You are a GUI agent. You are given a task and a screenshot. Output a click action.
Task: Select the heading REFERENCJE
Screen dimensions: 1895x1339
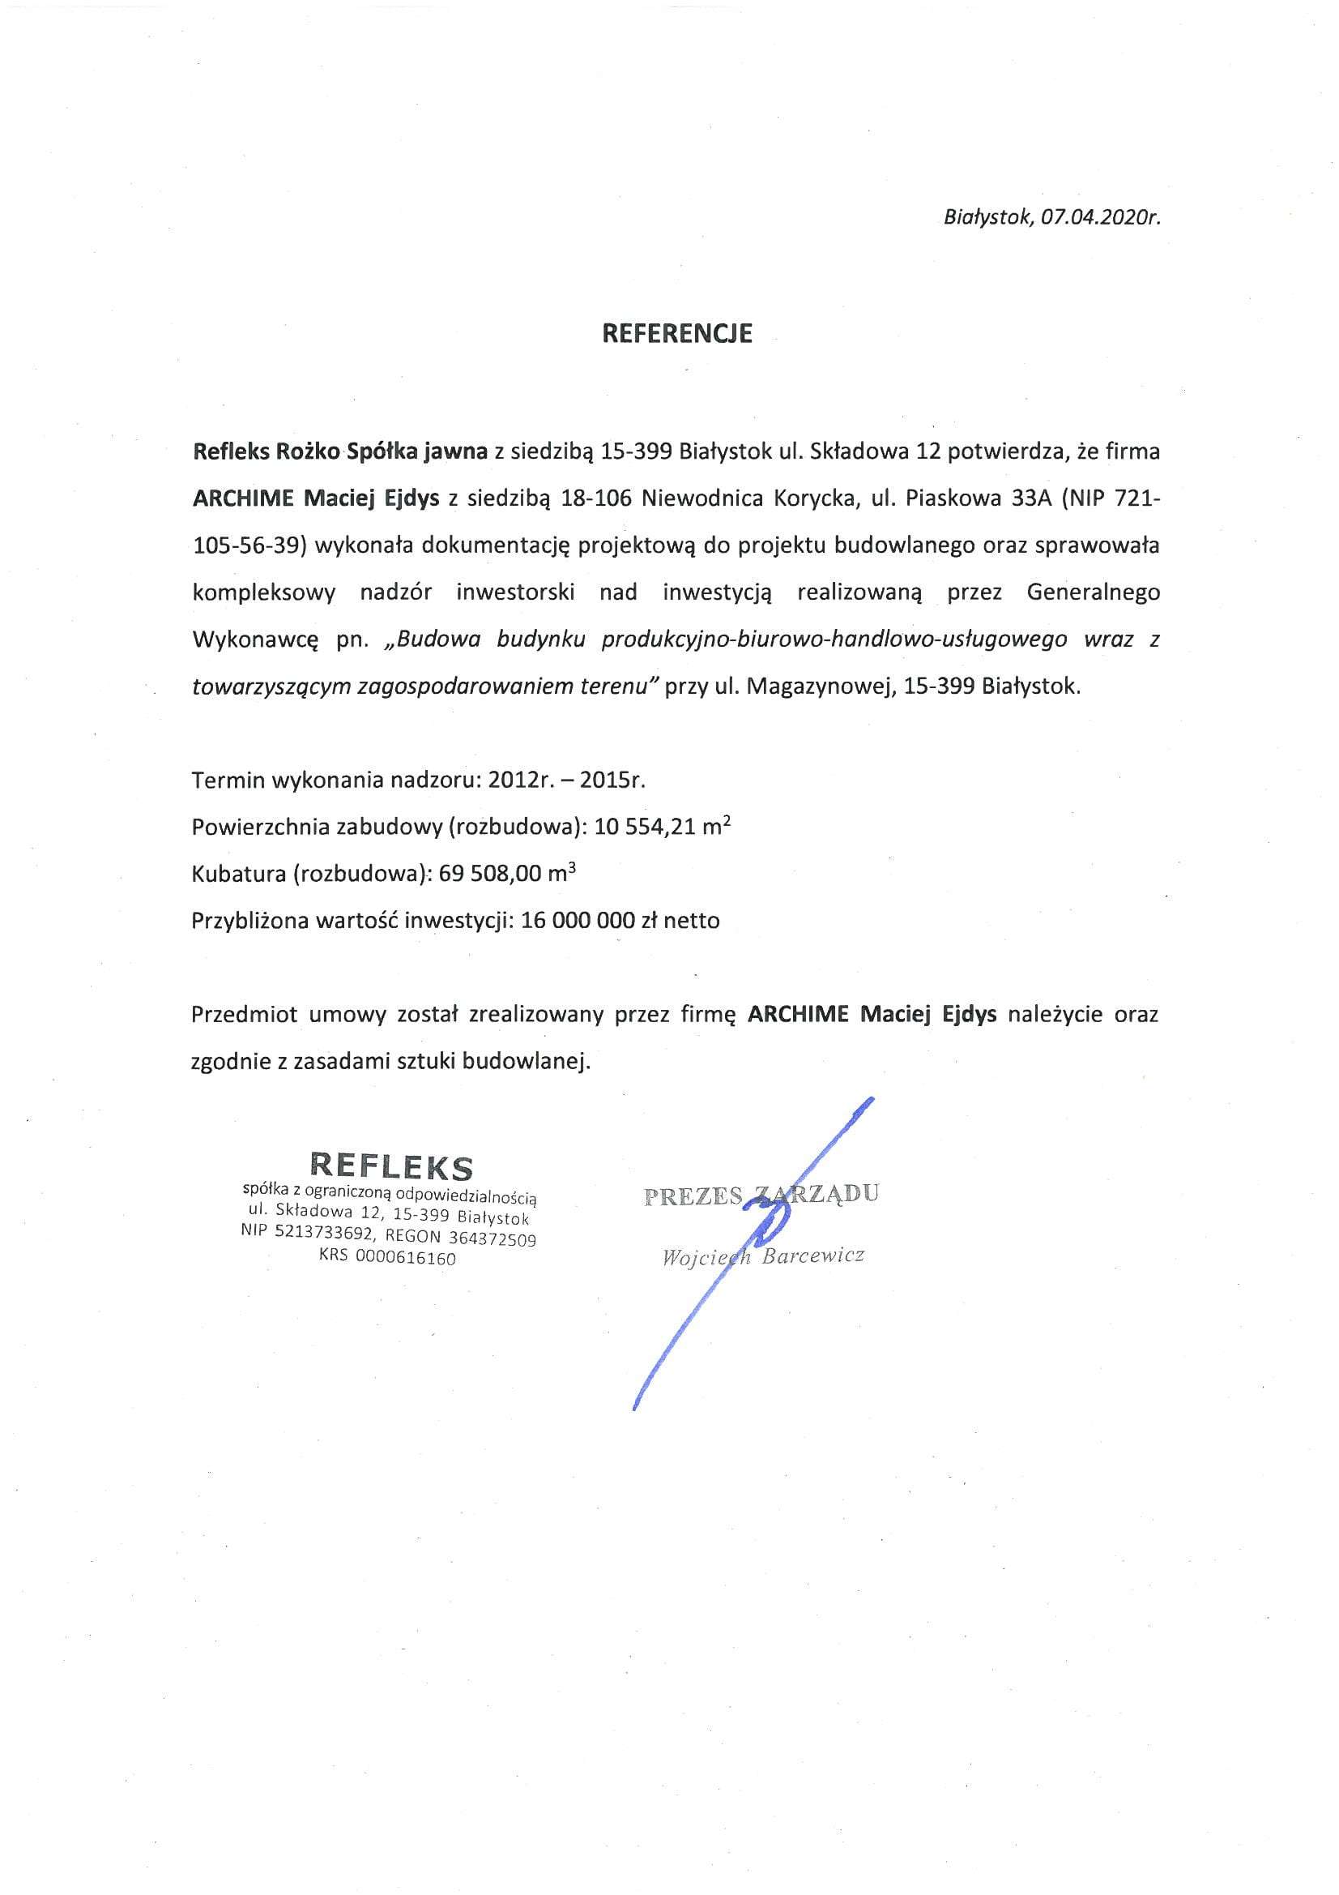click(677, 332)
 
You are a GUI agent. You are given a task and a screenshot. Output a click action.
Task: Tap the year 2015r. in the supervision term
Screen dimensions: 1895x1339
click(612, 780)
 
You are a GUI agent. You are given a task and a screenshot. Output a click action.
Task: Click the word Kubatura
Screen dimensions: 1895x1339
click(237, 874)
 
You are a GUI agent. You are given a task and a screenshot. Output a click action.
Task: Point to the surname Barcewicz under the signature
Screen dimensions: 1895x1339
click(813, 1258)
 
